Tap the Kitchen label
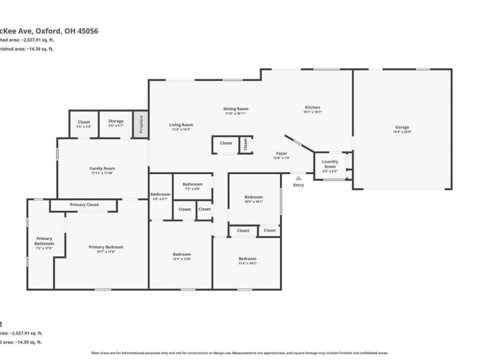pyautogui.click(x=313, y=108)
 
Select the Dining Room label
pyautogui.click(x=236, y=109)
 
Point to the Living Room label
pyautogui.click(x=181, y=125)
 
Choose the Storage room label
pyautogui.click(x=116, y=122)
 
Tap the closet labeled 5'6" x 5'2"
pyautogui.click(x=84, y=122)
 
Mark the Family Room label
pyautogui.click(x=102, y=169)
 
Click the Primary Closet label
pyautogui.click(x=84, y=205)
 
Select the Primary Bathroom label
pyautogui.click(x=45, y=241)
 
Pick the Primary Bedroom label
pyautogui.click(x=106, y=247)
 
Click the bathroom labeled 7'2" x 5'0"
pyautogui.click(x=193, y=185)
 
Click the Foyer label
pyautogui.click(x=281, y=154)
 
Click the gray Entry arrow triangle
pyautogui.click(x=298, y=177)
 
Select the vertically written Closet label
pyautogui.click(x=245, y=144)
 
